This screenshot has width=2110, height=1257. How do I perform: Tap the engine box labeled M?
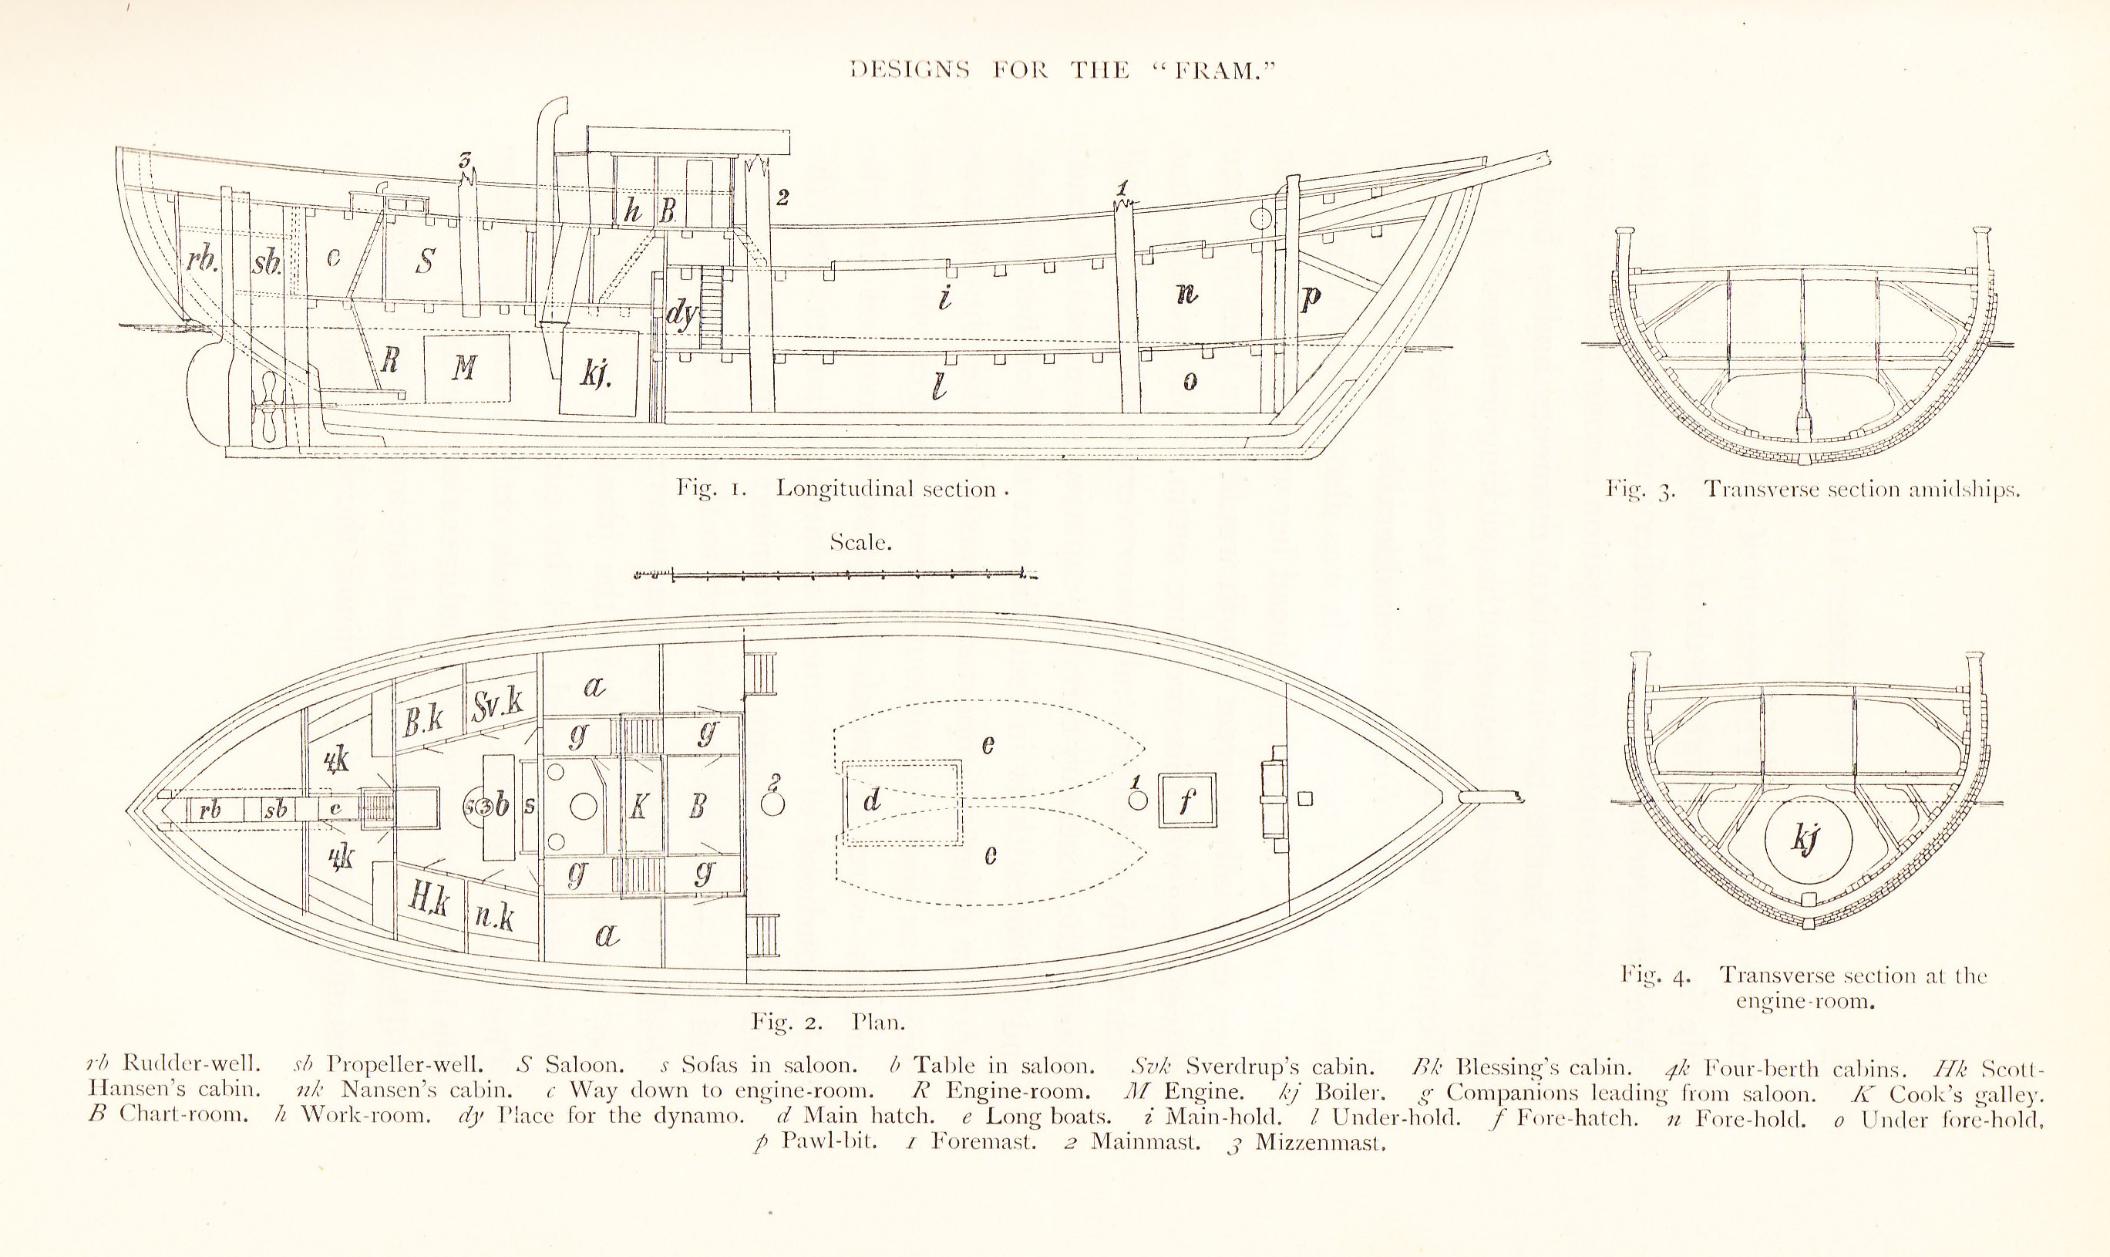tap(466, 368)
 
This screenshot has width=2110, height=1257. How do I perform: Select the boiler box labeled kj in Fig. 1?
tap(599, 372)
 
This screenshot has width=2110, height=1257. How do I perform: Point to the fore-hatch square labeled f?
tap(1187, 800)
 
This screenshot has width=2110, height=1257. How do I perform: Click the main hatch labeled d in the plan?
tap(902, 801)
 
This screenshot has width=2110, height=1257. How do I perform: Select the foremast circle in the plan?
tap(1138, 799)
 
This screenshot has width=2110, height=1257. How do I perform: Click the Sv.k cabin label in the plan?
tap(498, 704)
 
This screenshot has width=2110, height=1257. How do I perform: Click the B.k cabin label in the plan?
tap(423, 720)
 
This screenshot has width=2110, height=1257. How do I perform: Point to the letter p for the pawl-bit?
tap(1310, 298)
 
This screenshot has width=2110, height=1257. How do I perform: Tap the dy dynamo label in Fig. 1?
tap(681, 315)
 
